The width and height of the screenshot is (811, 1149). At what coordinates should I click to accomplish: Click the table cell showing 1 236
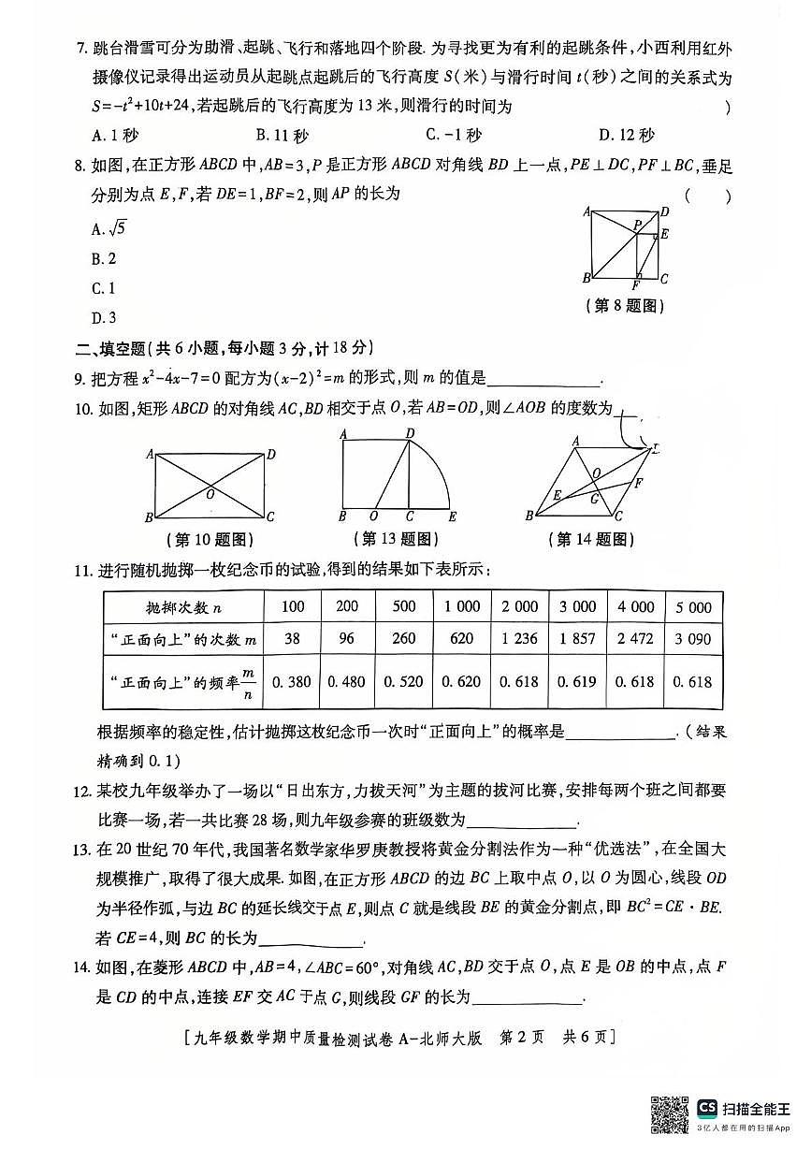coord(519,639)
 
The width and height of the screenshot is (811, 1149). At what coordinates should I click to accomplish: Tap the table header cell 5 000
coord(693,607)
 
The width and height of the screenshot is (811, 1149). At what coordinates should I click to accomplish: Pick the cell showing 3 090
coord(693,639)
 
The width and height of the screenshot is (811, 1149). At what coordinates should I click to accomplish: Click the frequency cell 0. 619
coord(577,682)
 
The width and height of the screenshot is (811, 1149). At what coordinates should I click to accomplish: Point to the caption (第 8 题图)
coord(623,306)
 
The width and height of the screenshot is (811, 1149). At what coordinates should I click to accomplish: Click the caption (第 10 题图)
coord(209,540)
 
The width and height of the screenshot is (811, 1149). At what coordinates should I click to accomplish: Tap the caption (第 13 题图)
coord(397,539)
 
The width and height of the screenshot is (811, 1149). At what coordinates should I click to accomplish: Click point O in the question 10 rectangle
coord(210,493)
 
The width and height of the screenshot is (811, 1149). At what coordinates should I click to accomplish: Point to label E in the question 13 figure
coord(453,516)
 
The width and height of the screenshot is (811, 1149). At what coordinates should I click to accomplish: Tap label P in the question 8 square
coord(635,225)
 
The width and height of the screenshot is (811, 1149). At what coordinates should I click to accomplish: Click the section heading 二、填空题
coord(112,348)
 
